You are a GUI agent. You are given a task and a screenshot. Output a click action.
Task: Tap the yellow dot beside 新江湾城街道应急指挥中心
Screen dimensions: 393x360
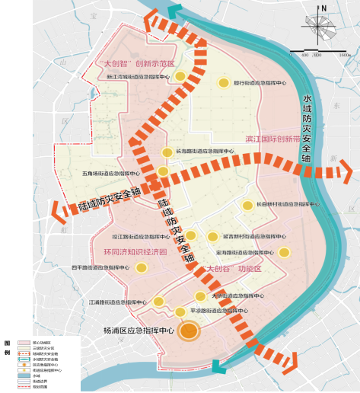coord(180,76)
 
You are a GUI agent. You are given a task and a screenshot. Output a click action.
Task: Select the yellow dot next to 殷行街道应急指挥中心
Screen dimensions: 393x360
coord(224,83)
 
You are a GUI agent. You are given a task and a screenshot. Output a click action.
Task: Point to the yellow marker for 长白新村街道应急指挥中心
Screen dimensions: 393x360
coord(247,205)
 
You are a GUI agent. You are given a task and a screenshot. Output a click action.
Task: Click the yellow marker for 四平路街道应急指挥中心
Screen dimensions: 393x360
coord(141,267)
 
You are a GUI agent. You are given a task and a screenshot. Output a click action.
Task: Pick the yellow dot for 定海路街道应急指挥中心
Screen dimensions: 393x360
coord(284,252)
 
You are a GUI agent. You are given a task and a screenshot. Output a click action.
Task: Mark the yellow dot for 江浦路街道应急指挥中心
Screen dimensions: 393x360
coord(158,302)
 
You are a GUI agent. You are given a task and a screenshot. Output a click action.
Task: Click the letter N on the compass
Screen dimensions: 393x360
coord(324,9)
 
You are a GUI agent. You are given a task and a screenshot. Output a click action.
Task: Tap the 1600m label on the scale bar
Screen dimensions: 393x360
coord(343,56)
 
